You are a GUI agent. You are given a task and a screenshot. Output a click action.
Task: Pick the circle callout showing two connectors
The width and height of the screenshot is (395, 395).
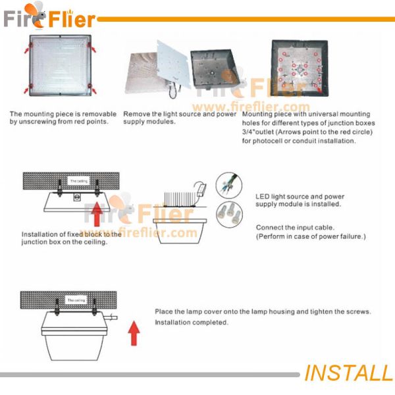(x=229, y=213)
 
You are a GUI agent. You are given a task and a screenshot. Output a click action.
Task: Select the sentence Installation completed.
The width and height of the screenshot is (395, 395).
(x=191, y=323)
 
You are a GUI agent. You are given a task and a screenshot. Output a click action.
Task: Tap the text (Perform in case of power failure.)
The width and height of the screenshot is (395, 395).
(x=310, y=236)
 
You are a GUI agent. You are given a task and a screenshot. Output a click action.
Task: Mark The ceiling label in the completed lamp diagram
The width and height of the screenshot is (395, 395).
(x=76, y=300)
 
